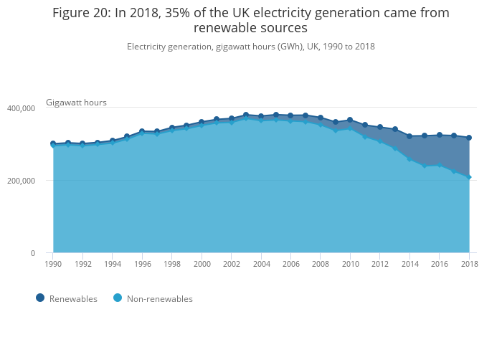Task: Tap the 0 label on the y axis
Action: tap(32, 253)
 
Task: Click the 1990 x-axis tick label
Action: tap(52, 264)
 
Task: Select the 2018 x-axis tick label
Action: tap(469, 264)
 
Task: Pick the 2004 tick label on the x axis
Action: tap(261, 264)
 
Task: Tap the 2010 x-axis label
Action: tap(350, 264)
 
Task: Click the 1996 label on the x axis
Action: tap(142, 264)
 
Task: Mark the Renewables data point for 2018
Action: tap(469, 138)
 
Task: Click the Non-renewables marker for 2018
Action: tap(469, 176)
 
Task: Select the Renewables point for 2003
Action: tap(246, 115)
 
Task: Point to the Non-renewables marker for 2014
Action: tap(409, 158)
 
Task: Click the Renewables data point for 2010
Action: tap(350, 120)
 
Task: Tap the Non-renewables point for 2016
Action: tap(439, 165)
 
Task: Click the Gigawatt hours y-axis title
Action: tap(76, 103)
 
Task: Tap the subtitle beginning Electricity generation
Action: tap(251, 47)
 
